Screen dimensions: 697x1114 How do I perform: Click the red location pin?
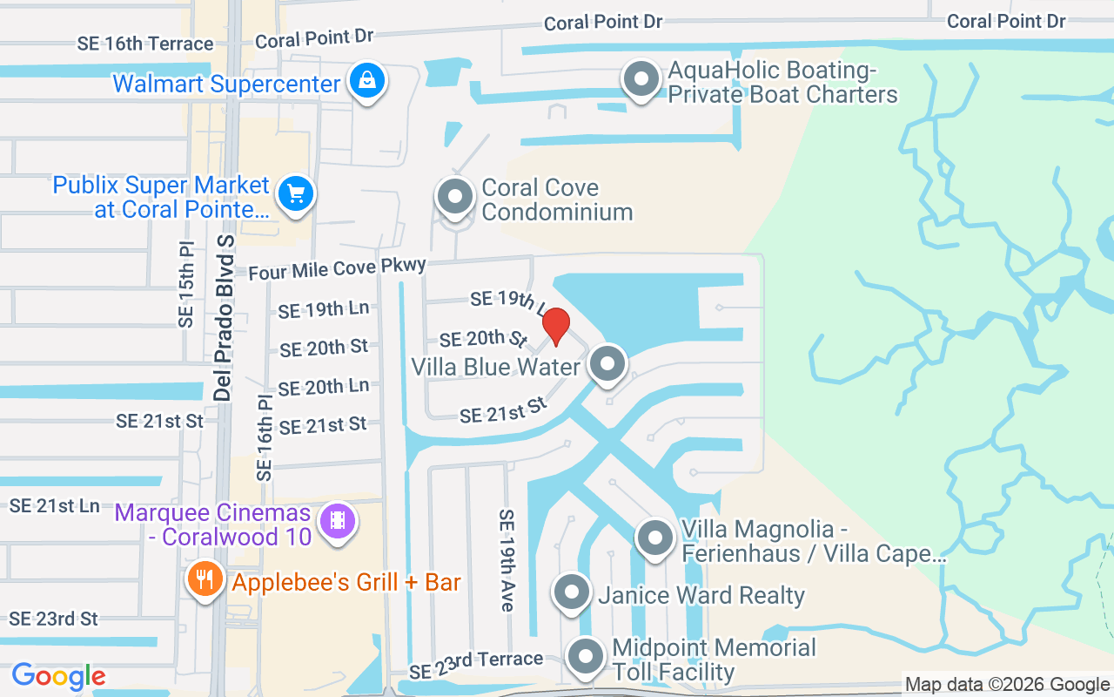(x=556, y=327)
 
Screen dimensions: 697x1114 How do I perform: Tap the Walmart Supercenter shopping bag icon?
(x=367, y=81)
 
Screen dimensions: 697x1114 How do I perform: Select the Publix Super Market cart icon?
(x=296, y=193)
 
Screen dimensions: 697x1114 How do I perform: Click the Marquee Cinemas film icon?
(x=337, y=521)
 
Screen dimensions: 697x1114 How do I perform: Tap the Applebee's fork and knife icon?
(x=205, y=579)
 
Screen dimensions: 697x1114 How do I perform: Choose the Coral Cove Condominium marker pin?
(x=453, y=196)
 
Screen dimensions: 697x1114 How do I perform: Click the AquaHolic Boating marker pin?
(x=641, y=79)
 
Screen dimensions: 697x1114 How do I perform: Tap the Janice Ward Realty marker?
(x=572, y=592)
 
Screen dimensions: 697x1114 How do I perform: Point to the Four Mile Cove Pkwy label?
(x=338, y=269)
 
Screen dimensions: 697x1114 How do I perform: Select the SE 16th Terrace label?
(x=144, y=44)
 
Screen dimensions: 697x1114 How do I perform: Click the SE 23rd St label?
(x=54, y=619)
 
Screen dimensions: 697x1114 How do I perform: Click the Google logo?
(x=59, y=675)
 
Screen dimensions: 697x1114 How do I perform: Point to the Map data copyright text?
(x=1007, y=685)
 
